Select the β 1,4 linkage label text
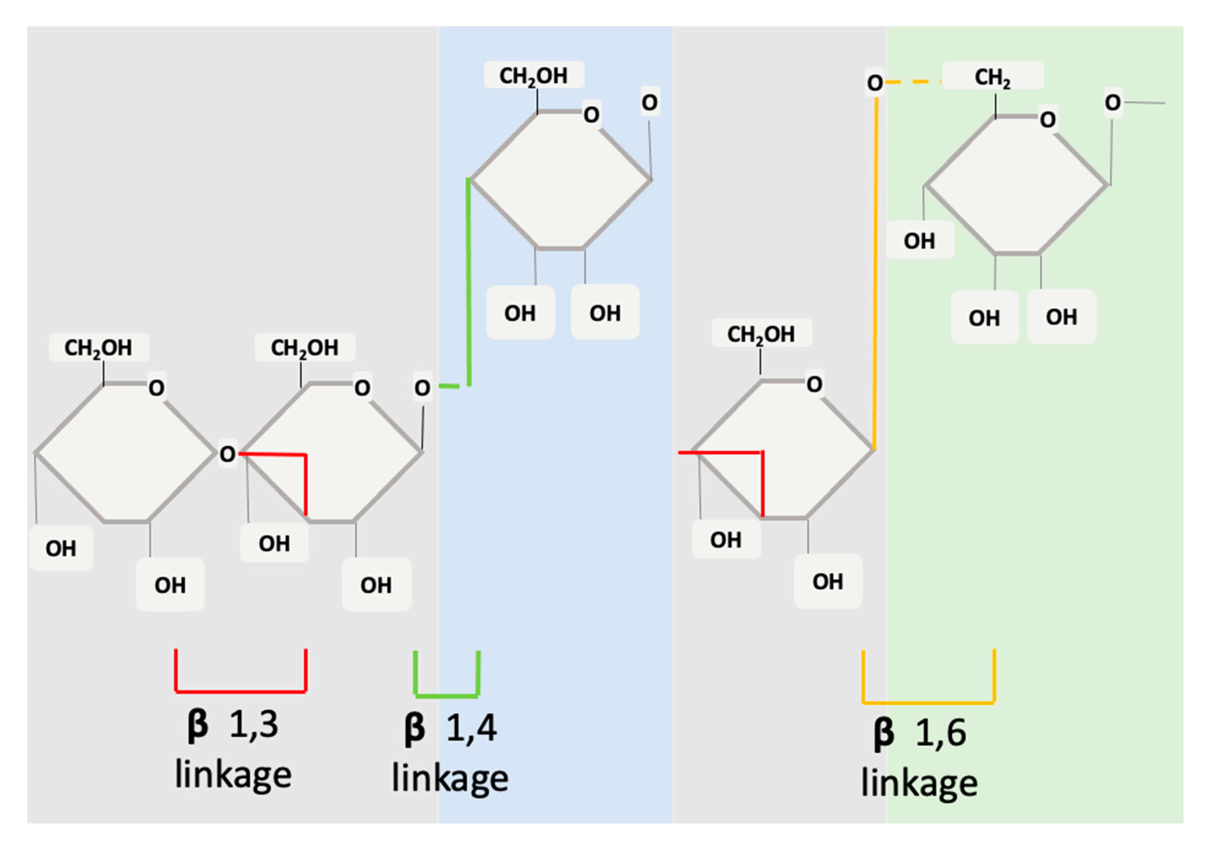[x=449, y=753]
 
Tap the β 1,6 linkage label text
[x=919, y=758]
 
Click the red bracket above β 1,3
[x=241, y=691]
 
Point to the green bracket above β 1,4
[x=447, y=696]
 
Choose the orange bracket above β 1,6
[x=928, y=702]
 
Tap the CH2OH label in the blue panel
[x=533, y=75]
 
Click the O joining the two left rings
[x=227, y=453]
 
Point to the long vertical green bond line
[x=469, y=282]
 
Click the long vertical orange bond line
[x=875, y=274]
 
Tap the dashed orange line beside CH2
[x=913, y=82]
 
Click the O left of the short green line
[x=422, y=388]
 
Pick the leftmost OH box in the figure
[x=61, y=548]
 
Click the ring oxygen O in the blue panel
[x=591, y=114]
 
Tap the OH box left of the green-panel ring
[x=919, y=241]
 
